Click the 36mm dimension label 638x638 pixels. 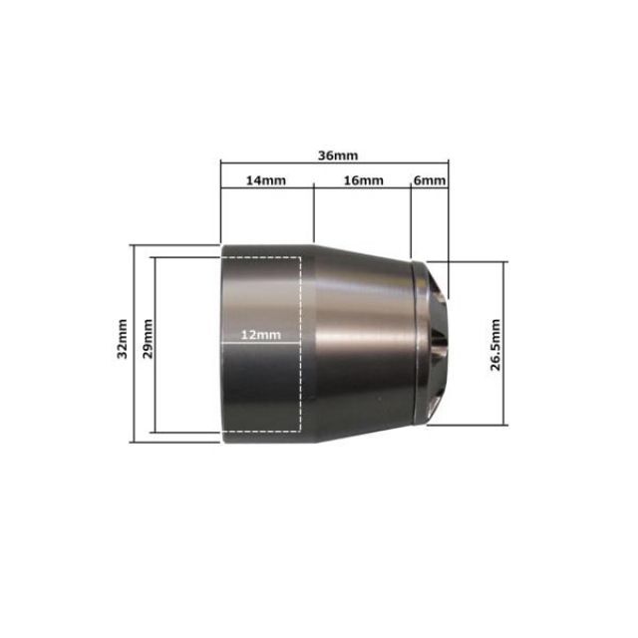point(337,156)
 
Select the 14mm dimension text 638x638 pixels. point(267,180)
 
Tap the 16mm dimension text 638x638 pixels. point(363,180)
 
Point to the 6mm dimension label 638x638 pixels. point(430,180)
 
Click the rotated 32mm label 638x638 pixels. point(122,339)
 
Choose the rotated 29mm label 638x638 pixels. point(148,339)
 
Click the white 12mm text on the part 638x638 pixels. point(261,335)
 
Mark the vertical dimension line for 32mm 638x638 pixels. point(133,299)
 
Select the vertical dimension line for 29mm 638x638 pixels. point(155,299)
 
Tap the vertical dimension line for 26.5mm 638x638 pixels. point(505,299)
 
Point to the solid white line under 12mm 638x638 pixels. point(261,345)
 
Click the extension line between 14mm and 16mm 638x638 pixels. point(314,214)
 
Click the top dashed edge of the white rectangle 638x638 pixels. point(261,257)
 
